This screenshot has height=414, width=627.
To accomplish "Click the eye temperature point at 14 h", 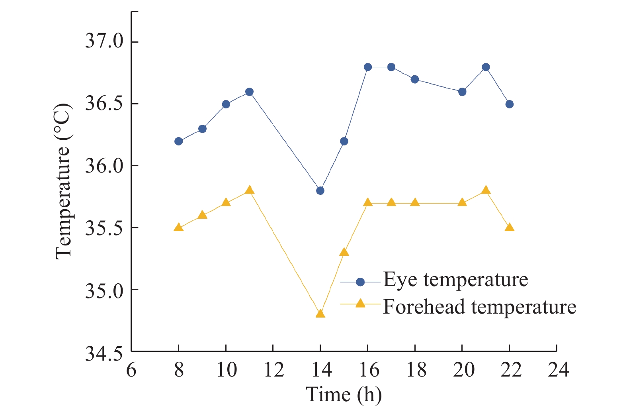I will [320, 190].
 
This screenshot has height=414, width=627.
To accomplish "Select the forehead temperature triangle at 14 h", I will [320, 314].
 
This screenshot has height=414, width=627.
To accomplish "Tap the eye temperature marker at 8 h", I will [178, 141].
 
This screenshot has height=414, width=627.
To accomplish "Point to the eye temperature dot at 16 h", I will [367, 67].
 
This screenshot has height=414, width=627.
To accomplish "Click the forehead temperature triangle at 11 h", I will [249, 190].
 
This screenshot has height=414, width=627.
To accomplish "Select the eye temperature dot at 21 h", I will [486, 67].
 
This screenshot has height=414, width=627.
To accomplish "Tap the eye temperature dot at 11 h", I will [249, 92].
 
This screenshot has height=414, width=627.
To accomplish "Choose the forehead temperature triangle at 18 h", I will [415, 202].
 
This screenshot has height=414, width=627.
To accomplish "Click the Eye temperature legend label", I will [455, 280].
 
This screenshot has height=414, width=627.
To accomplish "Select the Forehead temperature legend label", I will [479, 307].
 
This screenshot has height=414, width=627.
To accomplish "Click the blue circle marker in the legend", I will [360, 282].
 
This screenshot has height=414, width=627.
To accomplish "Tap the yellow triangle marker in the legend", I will [360, 304].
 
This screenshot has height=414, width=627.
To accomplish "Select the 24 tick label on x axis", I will [558, 370].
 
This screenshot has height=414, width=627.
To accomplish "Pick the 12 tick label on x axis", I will [274, 370].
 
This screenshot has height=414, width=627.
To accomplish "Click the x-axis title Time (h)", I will [344, 395].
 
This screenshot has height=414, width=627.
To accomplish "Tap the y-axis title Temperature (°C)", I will [63, 181].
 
